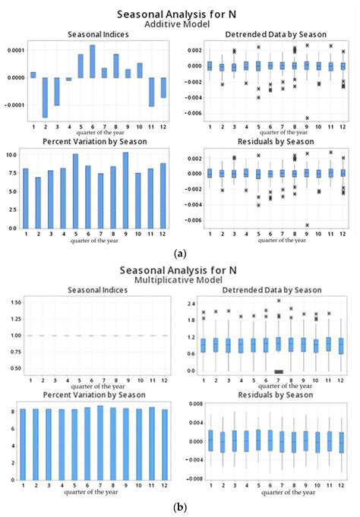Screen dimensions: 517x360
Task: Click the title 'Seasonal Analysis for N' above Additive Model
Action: click(179, 14)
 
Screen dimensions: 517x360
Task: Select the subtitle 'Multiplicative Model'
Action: click(179, 278)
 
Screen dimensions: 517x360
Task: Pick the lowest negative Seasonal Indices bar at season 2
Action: click(45, 97)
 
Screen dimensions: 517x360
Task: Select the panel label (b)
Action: click(179, 508)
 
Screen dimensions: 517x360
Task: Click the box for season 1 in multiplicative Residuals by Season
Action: click(210, 440)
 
